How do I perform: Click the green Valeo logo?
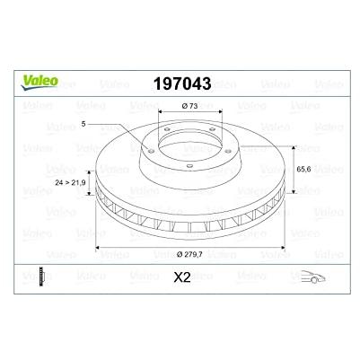point(40,82)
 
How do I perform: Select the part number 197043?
point(182,83)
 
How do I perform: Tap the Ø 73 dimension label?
point(189,106)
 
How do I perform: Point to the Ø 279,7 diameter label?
point(189,255)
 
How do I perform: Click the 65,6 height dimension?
point(303,169)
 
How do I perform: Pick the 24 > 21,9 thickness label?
point(70,182)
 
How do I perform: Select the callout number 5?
point(83,124)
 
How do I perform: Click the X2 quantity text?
point(182,278)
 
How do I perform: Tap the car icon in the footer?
point(312,277)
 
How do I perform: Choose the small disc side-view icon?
point(42,277)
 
